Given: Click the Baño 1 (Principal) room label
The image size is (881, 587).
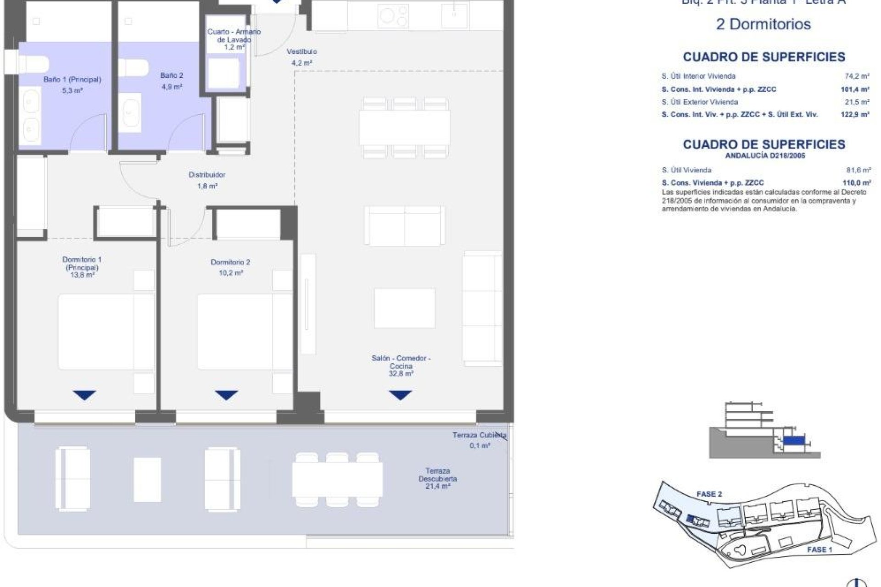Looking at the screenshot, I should point(72,79).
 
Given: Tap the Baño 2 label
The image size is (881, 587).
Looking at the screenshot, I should point(172,76).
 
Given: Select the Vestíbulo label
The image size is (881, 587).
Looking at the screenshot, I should point(301,52).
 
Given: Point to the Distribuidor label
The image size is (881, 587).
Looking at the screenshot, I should point(207,175).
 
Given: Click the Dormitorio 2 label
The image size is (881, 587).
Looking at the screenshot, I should point(230,262).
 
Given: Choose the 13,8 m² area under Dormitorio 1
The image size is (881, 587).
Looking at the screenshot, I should point(82,275).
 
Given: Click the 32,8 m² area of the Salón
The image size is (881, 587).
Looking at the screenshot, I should point(401,374).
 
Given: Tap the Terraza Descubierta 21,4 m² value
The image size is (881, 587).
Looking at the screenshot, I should point(437,486).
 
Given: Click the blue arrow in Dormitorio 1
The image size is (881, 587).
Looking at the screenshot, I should point(84,395).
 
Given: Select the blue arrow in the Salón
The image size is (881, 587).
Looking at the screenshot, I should point(401,395).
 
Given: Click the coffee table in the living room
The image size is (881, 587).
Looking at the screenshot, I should point(404,308).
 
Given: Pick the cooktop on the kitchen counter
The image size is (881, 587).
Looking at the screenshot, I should point(393,16).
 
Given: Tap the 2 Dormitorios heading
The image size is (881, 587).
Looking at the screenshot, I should point(763,24).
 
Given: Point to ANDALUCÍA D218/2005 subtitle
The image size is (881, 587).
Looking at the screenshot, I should point(765,156).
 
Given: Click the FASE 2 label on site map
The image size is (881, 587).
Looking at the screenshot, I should point(709,494).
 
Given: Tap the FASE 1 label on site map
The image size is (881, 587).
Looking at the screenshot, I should point(820,549).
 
